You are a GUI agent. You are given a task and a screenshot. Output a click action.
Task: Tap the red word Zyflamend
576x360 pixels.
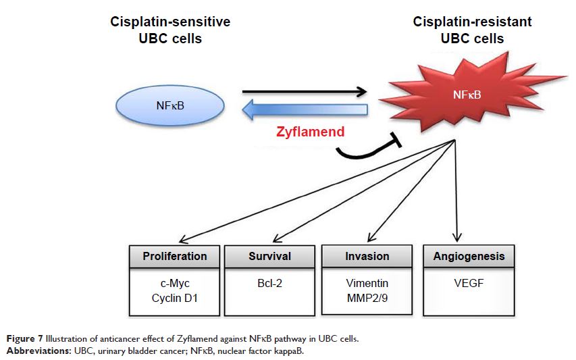click(311, 132)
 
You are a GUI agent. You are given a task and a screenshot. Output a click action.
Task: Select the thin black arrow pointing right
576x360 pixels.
click(303, 91)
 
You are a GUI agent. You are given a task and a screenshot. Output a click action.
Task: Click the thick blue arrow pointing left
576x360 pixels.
click(311, 110)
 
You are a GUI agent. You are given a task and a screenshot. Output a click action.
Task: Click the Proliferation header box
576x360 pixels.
click(174, 257)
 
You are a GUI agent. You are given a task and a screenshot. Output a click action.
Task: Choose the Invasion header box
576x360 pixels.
click(367, 257)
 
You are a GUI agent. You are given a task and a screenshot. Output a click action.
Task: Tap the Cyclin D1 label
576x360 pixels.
click(174, 298)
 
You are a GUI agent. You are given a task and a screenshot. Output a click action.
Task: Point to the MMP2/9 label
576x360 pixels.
click(367, 298)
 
